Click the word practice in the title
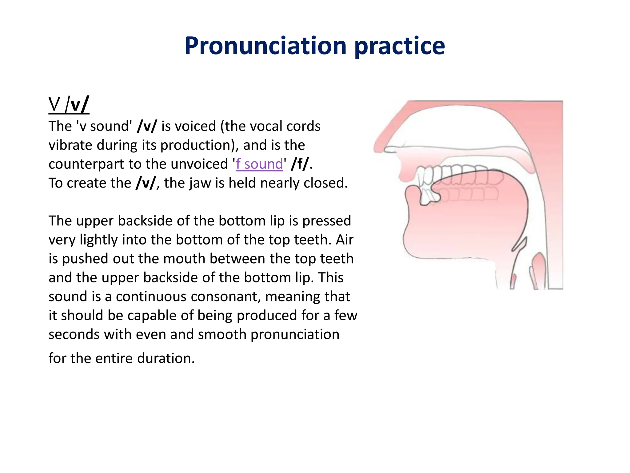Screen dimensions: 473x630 [x=400, y=46]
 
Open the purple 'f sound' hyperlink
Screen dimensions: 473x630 [x=259, y=164]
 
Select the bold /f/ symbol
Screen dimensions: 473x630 [x=300, y=164]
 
